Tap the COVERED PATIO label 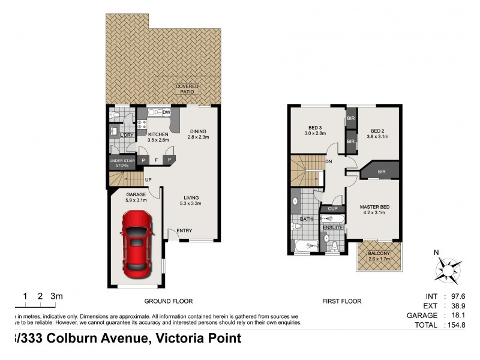[x=187, y=89]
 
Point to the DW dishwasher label [x=166, y=112]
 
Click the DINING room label [x=198, y=131]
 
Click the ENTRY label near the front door [x=184, y=231]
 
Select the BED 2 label [x=377, y=131]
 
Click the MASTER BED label [x=374, y=208]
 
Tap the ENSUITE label [x=332, y=228]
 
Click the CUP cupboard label [x=333, y=209]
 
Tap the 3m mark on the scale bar [x=56, y=296]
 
